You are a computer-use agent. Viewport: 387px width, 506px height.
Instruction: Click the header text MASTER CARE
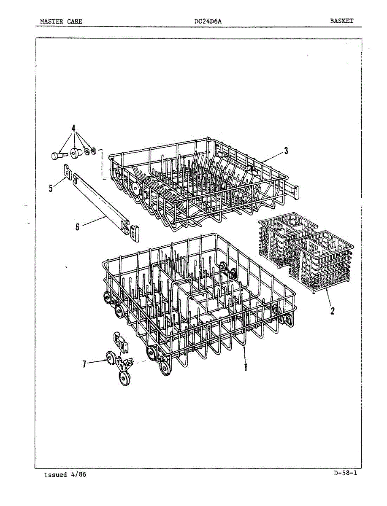point(61,21)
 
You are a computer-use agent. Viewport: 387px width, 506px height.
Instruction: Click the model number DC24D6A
point(206,21)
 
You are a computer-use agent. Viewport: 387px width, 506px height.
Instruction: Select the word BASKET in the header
point(341,21)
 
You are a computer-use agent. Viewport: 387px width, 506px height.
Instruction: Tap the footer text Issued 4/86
point(65,475)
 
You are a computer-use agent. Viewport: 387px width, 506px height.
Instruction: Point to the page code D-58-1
point(345,473)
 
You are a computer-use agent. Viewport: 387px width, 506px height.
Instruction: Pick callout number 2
point(333,311)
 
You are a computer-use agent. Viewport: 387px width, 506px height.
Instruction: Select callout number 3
point(286,151)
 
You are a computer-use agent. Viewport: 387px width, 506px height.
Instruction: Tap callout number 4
point(73,128)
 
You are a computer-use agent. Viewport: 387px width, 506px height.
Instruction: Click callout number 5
point(51,188)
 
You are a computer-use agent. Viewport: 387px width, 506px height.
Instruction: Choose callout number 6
point(77,227)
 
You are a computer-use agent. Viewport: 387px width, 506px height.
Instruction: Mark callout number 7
point(84,364)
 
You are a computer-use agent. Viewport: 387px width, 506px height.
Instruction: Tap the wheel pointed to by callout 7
point(111,359)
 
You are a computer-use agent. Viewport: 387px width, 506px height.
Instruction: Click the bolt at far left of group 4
point(56,156)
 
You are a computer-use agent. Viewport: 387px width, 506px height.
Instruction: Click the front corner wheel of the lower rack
point(165,369)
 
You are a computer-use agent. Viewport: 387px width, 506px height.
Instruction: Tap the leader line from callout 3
point(272,156)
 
